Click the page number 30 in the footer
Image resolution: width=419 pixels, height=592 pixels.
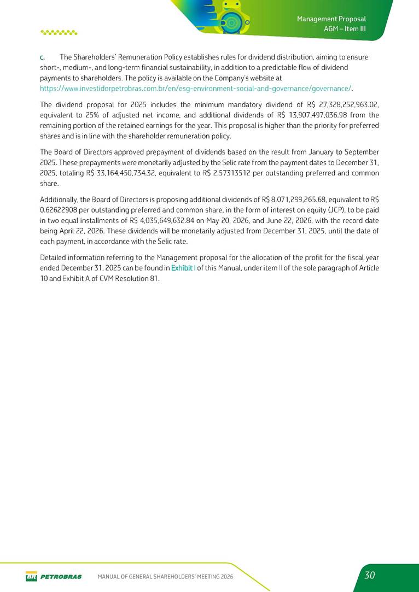370,575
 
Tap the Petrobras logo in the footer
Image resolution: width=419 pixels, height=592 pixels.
53,576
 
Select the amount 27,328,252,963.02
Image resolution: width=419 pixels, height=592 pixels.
336,105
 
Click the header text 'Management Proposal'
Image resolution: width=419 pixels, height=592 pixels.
331,19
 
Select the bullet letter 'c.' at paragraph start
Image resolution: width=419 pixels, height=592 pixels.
42,57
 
